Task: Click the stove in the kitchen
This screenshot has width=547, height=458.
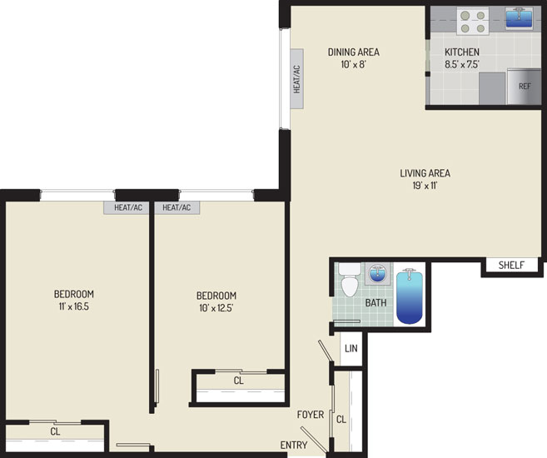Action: pos(473,22)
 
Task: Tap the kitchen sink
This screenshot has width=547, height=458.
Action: pos(519,17)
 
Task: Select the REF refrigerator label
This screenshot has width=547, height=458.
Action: pos(525,86)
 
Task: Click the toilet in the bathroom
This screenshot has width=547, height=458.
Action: pos(350,280)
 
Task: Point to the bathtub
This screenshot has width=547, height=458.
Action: pos(410,296)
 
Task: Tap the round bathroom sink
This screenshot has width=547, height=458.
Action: pos(377,274)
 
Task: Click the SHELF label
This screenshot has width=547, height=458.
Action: pos(511,265)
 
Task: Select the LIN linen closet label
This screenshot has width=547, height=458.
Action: pos(351,348)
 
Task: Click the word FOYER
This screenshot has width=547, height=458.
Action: pos(311,415)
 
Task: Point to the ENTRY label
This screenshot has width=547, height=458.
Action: pos(294,445)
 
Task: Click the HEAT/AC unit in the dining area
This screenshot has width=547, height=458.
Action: pos(297,79)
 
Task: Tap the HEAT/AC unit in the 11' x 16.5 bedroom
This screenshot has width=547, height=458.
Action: pos(128,207)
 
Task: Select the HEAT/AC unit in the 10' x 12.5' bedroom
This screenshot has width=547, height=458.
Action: pos(177,207)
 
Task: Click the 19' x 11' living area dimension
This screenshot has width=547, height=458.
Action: pos(425,186)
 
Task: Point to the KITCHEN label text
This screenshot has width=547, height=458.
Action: pos(462,52)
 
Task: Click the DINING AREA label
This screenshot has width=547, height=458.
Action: pos(353,52)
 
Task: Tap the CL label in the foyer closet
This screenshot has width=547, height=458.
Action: pos(341,420)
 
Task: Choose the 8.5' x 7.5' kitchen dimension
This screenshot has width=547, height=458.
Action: pos(462,64)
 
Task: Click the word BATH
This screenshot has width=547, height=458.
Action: pos(375,302)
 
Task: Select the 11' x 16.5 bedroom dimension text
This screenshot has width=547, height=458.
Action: pos(73,306)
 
